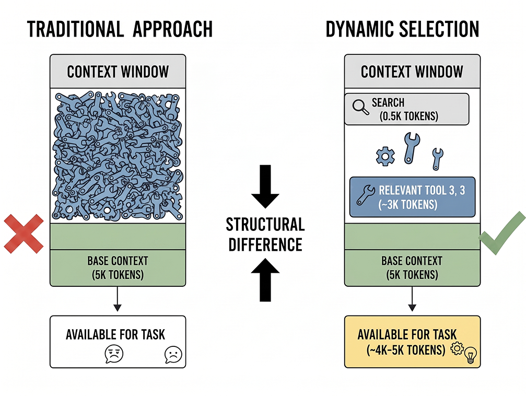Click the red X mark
24,234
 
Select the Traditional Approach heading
120,29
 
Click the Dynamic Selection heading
402,29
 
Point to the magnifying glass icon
360,108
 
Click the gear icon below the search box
385,156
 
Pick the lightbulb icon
471,355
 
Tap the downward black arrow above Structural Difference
265,187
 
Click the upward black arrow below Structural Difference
265,279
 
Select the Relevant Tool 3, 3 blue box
412,197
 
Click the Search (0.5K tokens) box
406,109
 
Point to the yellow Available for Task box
412,342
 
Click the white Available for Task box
118,342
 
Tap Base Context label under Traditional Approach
118,268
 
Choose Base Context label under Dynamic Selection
412,268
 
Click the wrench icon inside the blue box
365,195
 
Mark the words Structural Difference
265,234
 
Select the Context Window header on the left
118,72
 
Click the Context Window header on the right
412,72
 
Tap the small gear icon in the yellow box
457,348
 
